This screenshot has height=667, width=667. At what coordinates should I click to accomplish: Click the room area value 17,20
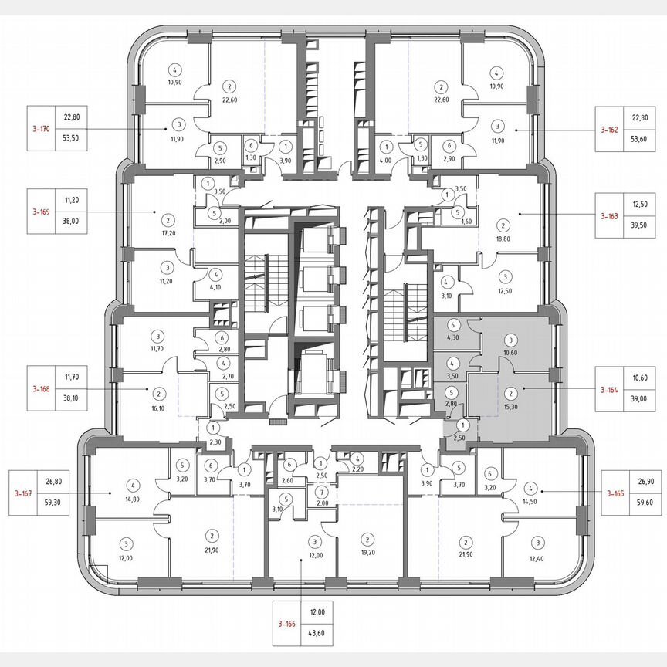click(166, 231)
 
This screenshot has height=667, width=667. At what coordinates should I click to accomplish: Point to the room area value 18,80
click(503, 239)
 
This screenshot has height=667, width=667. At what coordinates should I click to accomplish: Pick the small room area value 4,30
click(453, 337)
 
